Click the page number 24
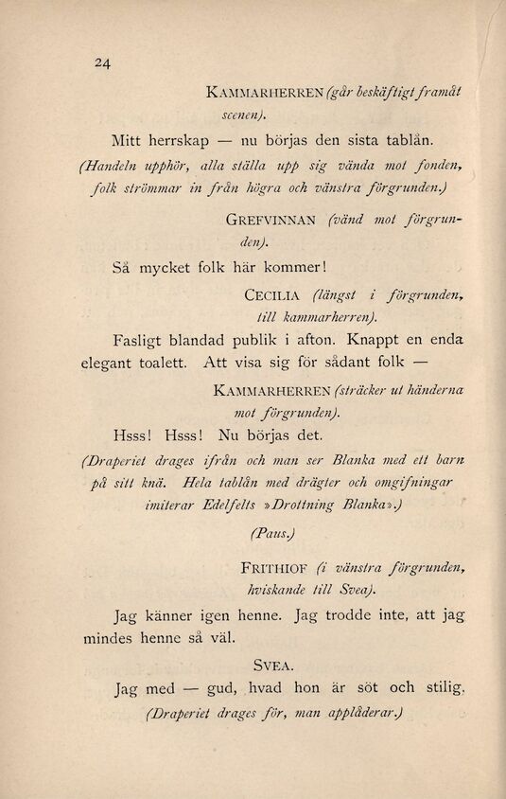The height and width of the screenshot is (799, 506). point(103,64)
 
